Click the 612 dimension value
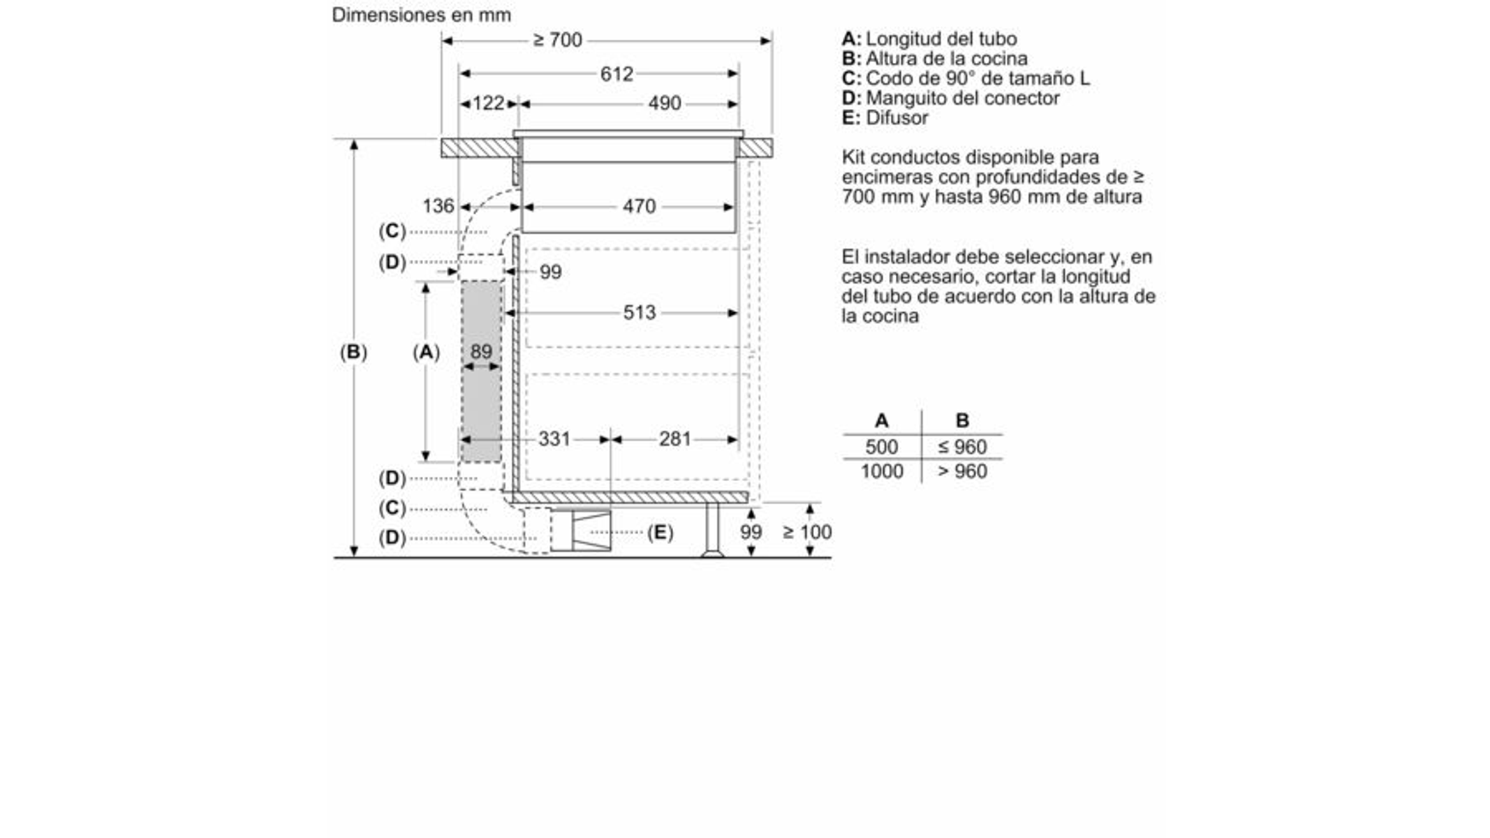coord(617,74)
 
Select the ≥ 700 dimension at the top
coord(557,41)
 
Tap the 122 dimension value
coord(488,103)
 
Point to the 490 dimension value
coord(664,103)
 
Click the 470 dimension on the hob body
coord(640,206)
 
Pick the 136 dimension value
coord(438,206)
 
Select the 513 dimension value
coord(640,312)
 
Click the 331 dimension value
coord(554,439)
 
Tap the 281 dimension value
coord(675,439)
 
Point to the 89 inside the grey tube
coord(481,351)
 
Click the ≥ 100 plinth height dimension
coord(807,532)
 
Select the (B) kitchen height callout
coord(353,351)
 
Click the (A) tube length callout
coord(426,352)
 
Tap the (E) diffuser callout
coord(660,533)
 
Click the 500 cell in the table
coord(882,447)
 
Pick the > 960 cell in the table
coord(962,471)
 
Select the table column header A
coord(882,420)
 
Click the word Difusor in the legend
coord(897,117)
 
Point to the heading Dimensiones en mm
coord(421,15)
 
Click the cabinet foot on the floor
coord(712,530)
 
